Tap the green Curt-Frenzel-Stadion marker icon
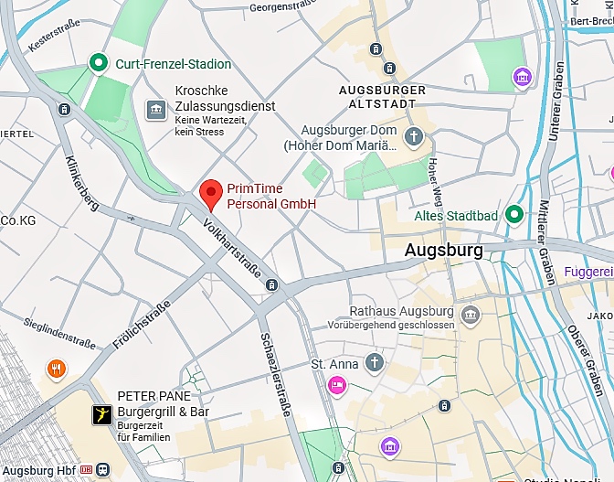[x=98, y=63]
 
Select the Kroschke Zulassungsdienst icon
[x=156, y=110]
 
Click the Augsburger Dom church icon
[x=414, y=137]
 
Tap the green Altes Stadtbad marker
[x=514, y=215]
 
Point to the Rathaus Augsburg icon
[x=471, y=316]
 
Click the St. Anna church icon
[x=374, y=364]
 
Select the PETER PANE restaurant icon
[x=100, y=415]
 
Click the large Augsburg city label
[x=443, y=250]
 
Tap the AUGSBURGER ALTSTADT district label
[x=382, y=96]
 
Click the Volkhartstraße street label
[x=233, y=250]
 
